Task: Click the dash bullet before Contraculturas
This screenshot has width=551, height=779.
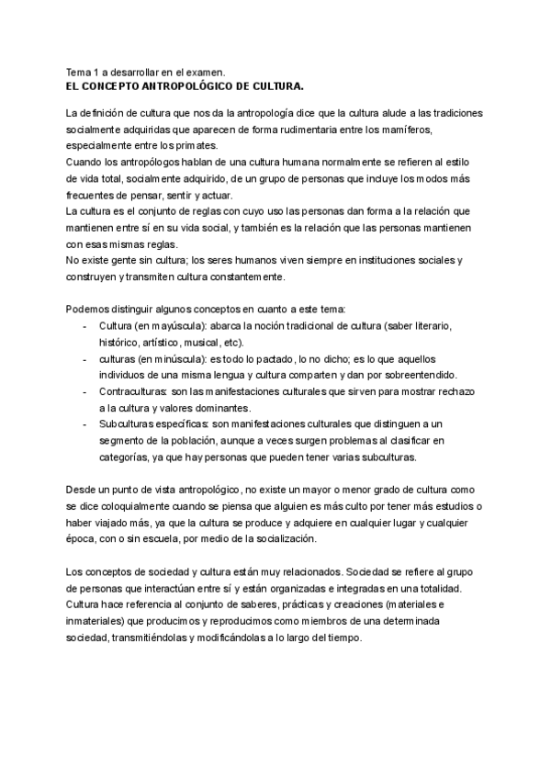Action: tap(84, 391)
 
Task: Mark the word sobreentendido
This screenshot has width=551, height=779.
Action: tap(417, 375)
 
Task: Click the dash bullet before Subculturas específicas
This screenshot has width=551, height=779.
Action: tap(84, 424)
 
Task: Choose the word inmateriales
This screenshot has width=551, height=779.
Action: tap(96, 621)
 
